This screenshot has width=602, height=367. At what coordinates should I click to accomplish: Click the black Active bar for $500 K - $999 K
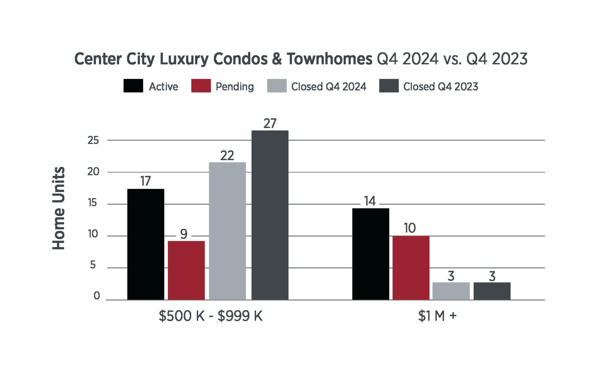click(146, 244)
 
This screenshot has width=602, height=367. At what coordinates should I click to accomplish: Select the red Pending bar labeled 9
click(186, 270)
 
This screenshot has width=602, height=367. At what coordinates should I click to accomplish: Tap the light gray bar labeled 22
click(227, 231)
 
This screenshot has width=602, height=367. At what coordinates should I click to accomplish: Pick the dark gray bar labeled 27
click(270, 215)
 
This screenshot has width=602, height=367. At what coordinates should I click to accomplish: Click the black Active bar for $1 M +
click(371, 254)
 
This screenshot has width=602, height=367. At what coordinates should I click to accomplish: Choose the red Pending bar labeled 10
click(411, 268)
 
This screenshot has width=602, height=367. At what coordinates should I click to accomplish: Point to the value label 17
click(146, 181)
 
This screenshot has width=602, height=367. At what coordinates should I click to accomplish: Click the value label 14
click(370, 201)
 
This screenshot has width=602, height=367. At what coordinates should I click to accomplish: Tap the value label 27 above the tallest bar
click(270, 124)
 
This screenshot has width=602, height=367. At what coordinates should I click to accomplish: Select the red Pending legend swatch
click(201, 86)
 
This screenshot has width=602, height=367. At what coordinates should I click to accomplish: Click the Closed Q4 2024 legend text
click(329, 87)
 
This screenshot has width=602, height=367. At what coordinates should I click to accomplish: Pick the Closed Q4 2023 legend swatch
click(389, 86)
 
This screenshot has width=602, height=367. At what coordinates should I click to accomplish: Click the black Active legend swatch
click(133, 86)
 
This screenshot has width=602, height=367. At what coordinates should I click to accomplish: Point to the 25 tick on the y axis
click(93, 141)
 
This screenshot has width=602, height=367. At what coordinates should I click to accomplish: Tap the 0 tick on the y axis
click(97, 296)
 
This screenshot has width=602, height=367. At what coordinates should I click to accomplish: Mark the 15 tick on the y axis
click(93, 203)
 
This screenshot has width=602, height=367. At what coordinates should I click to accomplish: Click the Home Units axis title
click(58, 208)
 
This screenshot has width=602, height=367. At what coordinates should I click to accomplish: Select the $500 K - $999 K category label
click(211, 316)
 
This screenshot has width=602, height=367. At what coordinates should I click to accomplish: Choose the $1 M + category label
click(437, 316)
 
